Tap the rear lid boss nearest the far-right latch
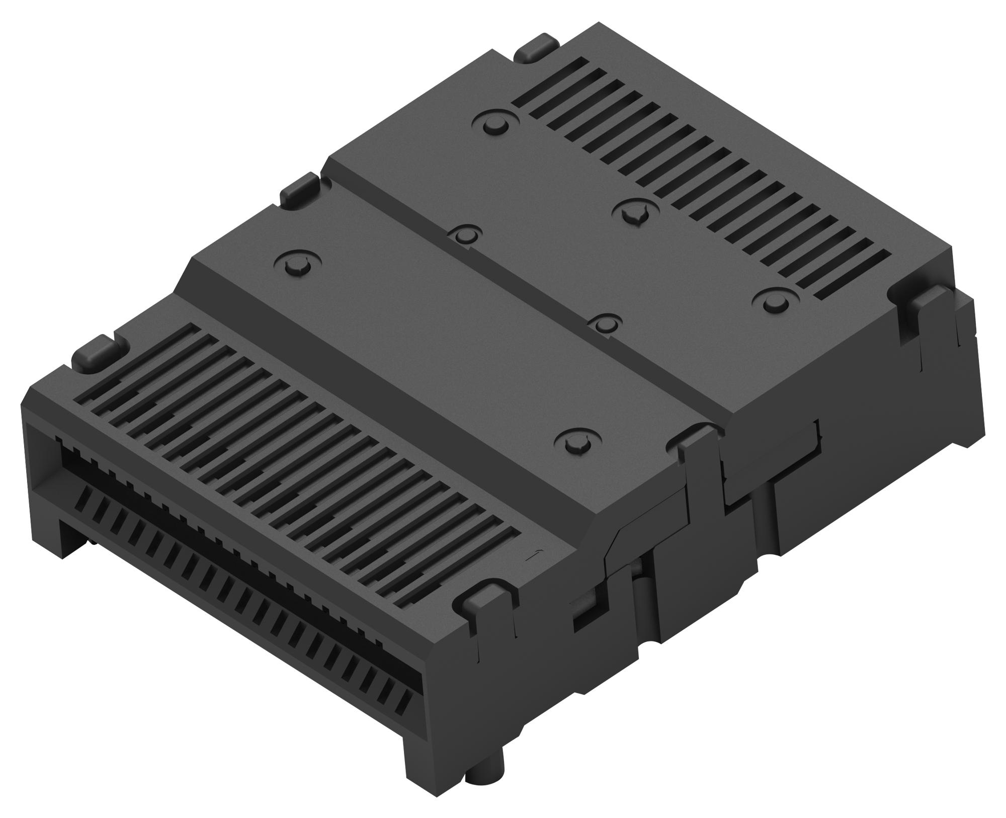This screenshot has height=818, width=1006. [774, 302]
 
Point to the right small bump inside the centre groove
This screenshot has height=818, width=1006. [603, 322]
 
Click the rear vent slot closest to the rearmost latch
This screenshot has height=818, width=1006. [551, 75]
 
